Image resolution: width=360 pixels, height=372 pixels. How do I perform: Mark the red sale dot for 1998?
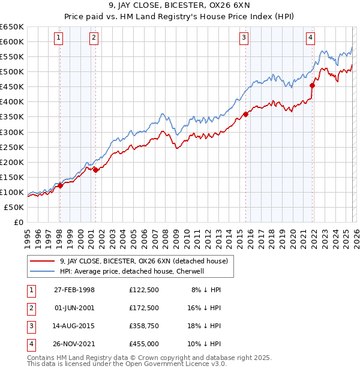pos(60,185)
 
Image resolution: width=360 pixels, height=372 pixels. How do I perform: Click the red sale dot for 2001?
pos(95,170)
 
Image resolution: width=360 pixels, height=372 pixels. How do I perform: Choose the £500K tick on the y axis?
pos(12,72)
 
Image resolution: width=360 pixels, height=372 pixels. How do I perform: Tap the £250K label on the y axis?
pos(12,147)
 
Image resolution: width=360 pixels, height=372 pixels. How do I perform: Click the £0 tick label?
pos(18,222)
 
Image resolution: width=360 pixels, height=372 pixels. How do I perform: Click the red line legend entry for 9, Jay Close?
pos(143,261)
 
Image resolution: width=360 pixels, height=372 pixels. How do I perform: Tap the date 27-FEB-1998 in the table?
pos(74,289)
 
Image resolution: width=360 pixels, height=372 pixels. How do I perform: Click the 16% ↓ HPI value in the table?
pos(206,308)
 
